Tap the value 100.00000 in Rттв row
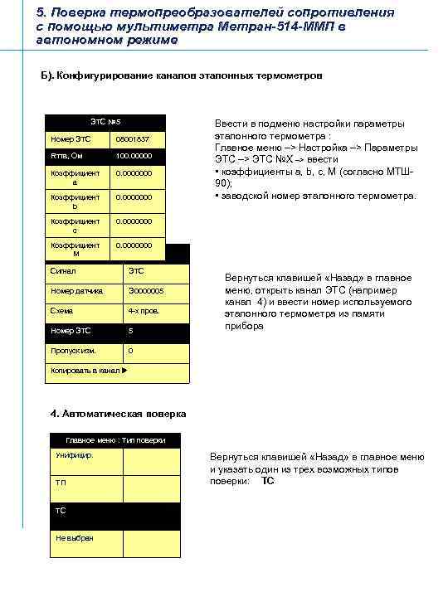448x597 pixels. [134, 155]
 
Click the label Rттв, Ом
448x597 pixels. [68, 155]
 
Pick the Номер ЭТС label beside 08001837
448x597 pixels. [71, 138]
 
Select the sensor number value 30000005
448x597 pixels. [146, 291]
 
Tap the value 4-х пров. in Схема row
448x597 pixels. [144, 311]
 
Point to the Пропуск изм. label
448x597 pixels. [73, 351]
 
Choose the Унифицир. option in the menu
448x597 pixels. [75, 456]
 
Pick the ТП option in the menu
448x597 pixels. [61, 483]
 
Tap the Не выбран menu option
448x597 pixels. [75, 537]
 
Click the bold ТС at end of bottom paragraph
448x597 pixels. [267, 481]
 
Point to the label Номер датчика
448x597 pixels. [77, 291]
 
